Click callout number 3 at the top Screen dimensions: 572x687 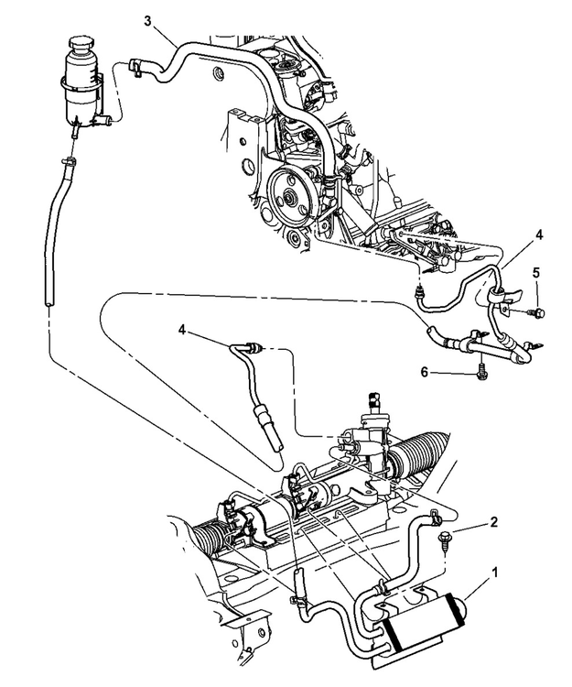148,20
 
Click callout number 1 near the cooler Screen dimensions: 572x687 495,572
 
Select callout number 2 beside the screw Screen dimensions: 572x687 494,521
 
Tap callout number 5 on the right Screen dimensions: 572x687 536,273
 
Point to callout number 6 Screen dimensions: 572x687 424,372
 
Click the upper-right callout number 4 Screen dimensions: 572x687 539,234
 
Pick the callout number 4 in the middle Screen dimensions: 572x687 182,330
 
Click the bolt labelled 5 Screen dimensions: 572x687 536,313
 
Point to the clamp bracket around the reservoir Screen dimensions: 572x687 83,85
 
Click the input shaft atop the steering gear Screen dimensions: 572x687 374,402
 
